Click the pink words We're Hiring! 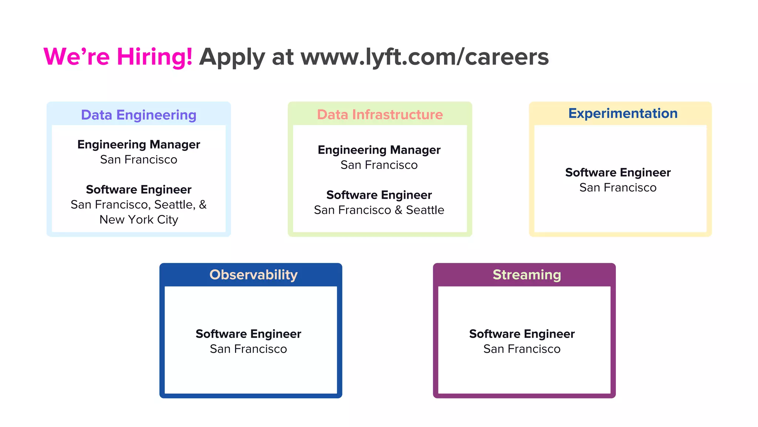tap(118, 57)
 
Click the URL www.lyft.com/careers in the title tap(425, 57)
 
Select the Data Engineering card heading tap(138, 115)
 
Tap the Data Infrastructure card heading tap(380, 115)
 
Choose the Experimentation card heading tap(623, 113)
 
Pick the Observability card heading tap(254, 275)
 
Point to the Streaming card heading tap(527, 275)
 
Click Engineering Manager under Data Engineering tap(138, 144)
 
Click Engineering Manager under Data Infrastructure tap(379, 150)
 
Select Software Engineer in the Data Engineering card tap(138, 189)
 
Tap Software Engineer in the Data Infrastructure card tap(379, 195)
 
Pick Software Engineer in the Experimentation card tap(618, 172)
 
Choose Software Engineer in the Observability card tap(248, 334)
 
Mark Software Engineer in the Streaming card tap(522, 334)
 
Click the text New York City tap(138, 220)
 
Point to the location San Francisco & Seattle tap(379, 210)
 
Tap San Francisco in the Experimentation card tap(618, 188)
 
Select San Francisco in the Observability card tap(248, 349)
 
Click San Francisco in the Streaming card tap(522, 349)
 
